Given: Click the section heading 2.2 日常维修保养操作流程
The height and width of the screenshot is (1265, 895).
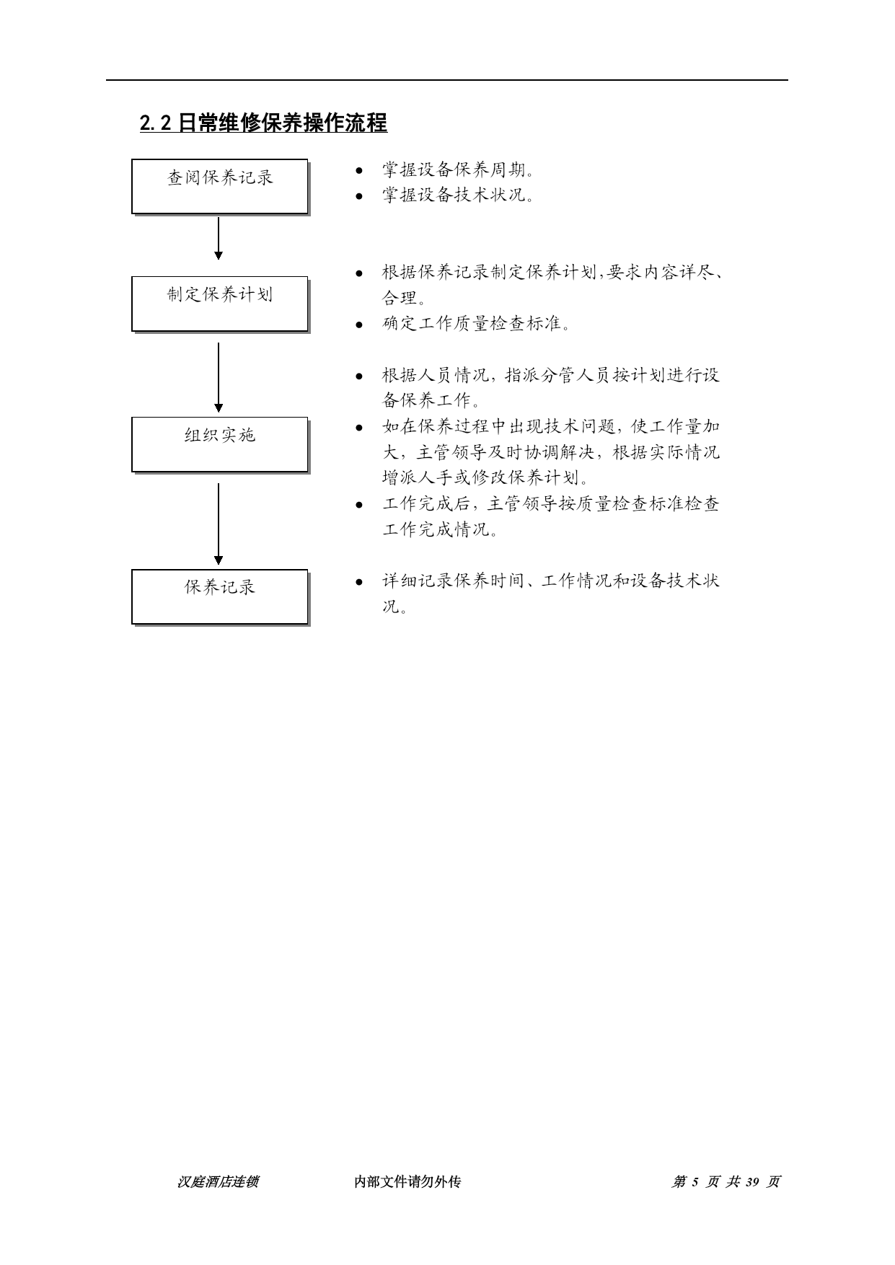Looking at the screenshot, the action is tap(263, 123).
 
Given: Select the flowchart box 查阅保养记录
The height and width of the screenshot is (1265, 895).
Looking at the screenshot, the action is tap(220, 187).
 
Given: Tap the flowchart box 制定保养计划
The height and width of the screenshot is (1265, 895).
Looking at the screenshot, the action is tap(220, 304).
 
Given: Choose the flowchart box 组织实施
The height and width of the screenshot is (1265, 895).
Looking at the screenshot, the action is tap(220, 444).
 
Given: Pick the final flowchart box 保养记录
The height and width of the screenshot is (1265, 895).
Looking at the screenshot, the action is tap(220, 596).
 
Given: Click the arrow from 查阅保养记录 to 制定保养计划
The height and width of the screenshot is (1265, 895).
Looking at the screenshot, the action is tap(219, 238).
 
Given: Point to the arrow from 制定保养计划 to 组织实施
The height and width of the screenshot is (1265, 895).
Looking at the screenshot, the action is tap(219, 377).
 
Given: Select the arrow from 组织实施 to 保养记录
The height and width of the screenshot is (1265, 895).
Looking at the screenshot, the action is tap(219, 524).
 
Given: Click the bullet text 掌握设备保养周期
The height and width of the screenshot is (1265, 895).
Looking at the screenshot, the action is tap(459, 171).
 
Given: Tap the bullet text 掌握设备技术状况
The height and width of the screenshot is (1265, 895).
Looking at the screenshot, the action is tap(459, 195).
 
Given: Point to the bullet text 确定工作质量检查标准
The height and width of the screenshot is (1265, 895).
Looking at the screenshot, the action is tap(477, 324).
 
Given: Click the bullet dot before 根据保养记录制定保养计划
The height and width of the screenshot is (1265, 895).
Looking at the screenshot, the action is tap(359, 274).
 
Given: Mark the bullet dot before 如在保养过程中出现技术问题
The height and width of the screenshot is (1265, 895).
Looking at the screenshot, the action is tap(359, 428).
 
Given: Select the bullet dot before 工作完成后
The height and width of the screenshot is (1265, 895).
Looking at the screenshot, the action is tap(359, 505).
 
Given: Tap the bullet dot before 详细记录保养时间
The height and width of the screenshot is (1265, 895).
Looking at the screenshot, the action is tap(359, 581).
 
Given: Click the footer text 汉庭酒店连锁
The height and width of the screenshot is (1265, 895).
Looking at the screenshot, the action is tap(218, 1182).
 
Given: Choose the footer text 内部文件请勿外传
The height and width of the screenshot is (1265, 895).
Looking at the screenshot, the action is tap(407, 1182).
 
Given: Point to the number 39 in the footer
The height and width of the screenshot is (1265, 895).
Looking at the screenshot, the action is tap(753, 1182).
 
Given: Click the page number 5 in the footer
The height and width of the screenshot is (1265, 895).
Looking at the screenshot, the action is tap(695, 1182).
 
